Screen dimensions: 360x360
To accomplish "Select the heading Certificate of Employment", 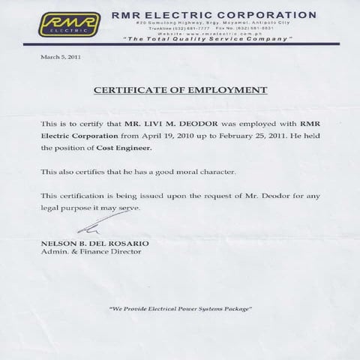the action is pos(180,89).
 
